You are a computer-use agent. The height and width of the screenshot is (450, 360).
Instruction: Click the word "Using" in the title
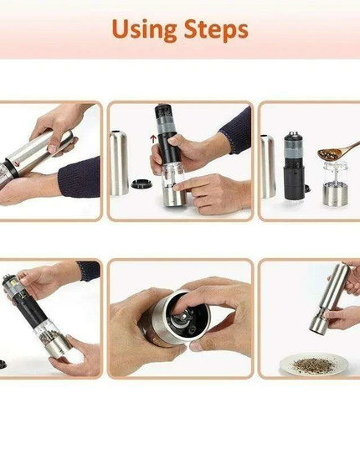144,30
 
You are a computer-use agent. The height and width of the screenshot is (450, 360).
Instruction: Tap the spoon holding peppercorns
335,154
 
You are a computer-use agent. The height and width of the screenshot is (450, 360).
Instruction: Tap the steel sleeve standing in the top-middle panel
119,162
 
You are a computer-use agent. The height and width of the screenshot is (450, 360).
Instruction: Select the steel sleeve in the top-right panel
267,168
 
